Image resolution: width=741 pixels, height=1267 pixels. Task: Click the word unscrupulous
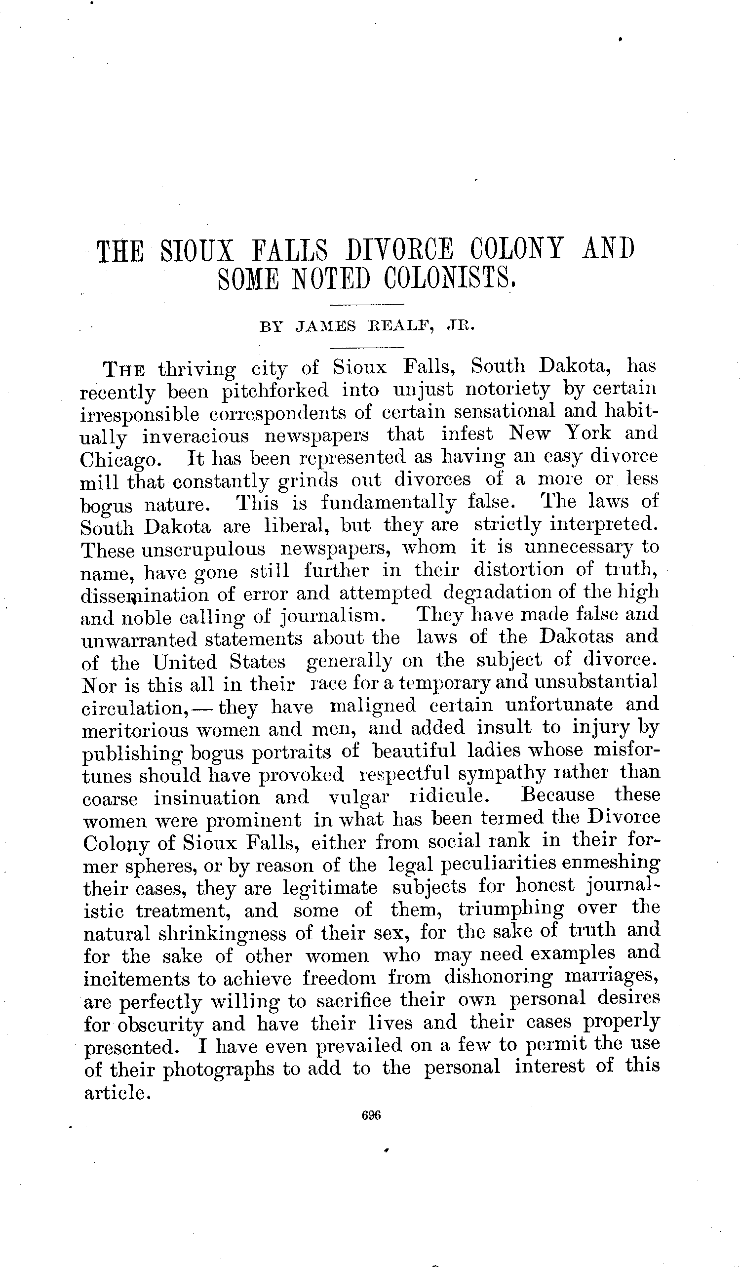[203, 549]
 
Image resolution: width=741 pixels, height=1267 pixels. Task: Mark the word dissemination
[144, 595]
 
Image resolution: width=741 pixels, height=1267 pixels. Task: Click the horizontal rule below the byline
[366, 348]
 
